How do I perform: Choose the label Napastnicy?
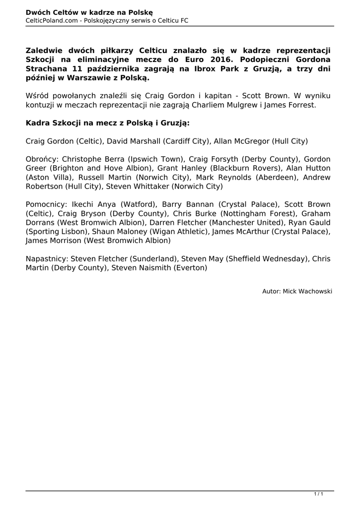pos(47,258)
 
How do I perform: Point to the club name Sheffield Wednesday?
pos(261,258)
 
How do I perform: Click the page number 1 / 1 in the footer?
pos(319,494)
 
